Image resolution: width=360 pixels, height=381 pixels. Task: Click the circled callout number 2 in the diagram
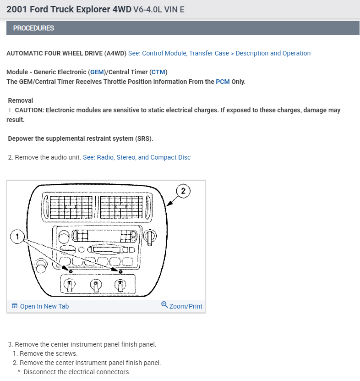[183, 191]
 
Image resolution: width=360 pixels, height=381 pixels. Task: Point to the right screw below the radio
[120, 272]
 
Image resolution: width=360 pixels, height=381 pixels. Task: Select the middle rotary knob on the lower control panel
[95, 286]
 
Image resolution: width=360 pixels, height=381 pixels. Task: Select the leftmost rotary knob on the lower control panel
[70, 286]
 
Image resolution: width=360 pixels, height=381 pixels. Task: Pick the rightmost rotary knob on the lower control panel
[120, 286]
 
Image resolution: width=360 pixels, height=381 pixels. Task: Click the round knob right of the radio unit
[149, 236]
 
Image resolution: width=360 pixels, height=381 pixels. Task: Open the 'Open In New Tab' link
[44, 306]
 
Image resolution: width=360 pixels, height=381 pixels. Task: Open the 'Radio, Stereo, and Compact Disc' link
[136, 157]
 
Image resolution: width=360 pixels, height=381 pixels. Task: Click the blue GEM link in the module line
[97, 72]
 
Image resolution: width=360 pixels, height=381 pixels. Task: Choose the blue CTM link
[159, 72]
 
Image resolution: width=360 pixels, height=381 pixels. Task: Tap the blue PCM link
[223, 82]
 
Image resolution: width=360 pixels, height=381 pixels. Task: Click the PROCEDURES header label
[33, 28]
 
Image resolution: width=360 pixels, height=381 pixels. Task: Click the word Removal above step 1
[21, 100]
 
